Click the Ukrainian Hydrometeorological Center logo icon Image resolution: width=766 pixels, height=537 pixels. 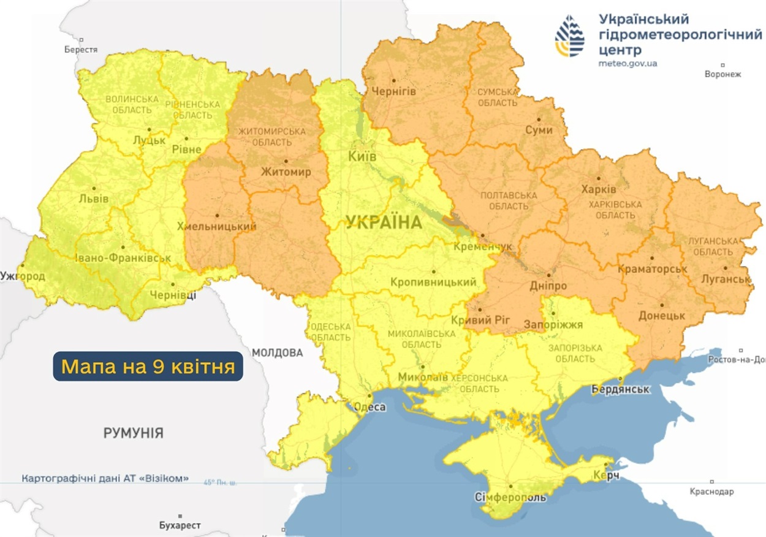[x=569, y=36]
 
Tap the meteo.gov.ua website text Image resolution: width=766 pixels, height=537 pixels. [x=628, y=63]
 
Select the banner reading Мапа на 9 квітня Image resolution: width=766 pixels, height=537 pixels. [x=148, y=367]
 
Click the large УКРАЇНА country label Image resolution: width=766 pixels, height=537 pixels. [x=384, y=223]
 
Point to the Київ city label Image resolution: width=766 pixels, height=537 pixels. [x=362, y=156]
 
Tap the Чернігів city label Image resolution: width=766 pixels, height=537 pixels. [x=395, y=91]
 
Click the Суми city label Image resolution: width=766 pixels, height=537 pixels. [x=539, y=130]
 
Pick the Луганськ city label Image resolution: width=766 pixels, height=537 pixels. [x=726, y=279]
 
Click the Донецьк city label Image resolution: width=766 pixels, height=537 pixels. [x=661, y=315]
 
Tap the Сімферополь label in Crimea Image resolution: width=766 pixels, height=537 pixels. [x=510, y=497]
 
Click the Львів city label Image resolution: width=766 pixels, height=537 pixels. [x=94, y=199]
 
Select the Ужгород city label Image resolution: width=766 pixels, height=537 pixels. [x=23, y=276]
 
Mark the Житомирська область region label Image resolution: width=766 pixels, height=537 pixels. [x=271, y=137]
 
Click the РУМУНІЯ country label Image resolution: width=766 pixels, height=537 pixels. [x=133, y=433]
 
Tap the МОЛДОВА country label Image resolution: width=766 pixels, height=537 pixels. [x=277, y=352]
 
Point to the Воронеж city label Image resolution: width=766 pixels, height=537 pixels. [x=723, y=74]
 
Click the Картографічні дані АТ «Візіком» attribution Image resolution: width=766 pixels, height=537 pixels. [x=105, y=478]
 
